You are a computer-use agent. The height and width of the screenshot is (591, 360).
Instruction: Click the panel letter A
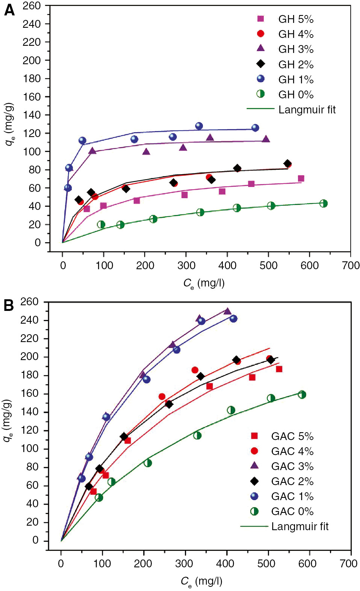click(x=9, y=10)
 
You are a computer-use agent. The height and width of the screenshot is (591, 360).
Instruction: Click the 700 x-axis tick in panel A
click(x=351, y=265)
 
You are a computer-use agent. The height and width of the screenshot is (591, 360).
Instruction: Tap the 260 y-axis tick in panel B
click(x=30, y=302)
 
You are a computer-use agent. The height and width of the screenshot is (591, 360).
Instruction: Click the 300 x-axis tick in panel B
click(x=184, y=564)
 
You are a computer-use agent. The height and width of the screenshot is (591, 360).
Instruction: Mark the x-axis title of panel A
click(x=204, y=283)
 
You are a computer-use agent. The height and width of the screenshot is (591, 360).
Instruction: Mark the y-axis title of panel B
click(x=8, y=421)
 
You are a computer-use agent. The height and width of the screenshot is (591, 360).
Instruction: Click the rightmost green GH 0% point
click(x=324, y=204)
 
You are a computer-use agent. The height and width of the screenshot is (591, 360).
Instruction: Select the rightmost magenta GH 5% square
click(x=301, y=178)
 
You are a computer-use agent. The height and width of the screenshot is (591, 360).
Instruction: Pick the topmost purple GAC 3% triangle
click(x=227, y=311)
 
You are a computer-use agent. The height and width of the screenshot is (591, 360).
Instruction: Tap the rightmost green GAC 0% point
click(x=302, y=395)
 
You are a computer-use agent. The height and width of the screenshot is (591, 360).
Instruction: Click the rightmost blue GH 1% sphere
click(x=255, y=128)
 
